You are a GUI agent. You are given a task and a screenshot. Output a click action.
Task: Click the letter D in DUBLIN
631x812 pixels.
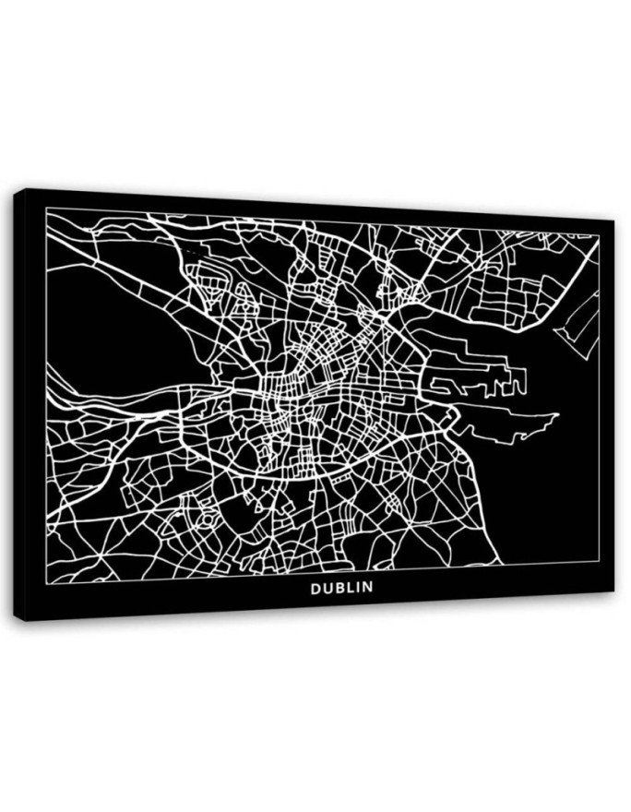point(315,587)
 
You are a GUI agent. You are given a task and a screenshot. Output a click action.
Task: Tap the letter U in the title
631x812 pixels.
point(326,587)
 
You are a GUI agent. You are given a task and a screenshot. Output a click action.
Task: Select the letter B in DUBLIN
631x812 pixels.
point(337,587)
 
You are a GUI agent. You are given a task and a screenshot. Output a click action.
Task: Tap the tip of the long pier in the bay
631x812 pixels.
point(558,417)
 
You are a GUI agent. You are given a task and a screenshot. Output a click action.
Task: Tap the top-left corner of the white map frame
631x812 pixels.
point(46,210)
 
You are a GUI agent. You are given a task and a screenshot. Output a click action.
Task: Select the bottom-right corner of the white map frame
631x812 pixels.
point(599,562)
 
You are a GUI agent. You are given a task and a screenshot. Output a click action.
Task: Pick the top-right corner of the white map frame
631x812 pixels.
point(600,235)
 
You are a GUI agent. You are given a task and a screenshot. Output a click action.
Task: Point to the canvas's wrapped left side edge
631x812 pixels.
point(19,406)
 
